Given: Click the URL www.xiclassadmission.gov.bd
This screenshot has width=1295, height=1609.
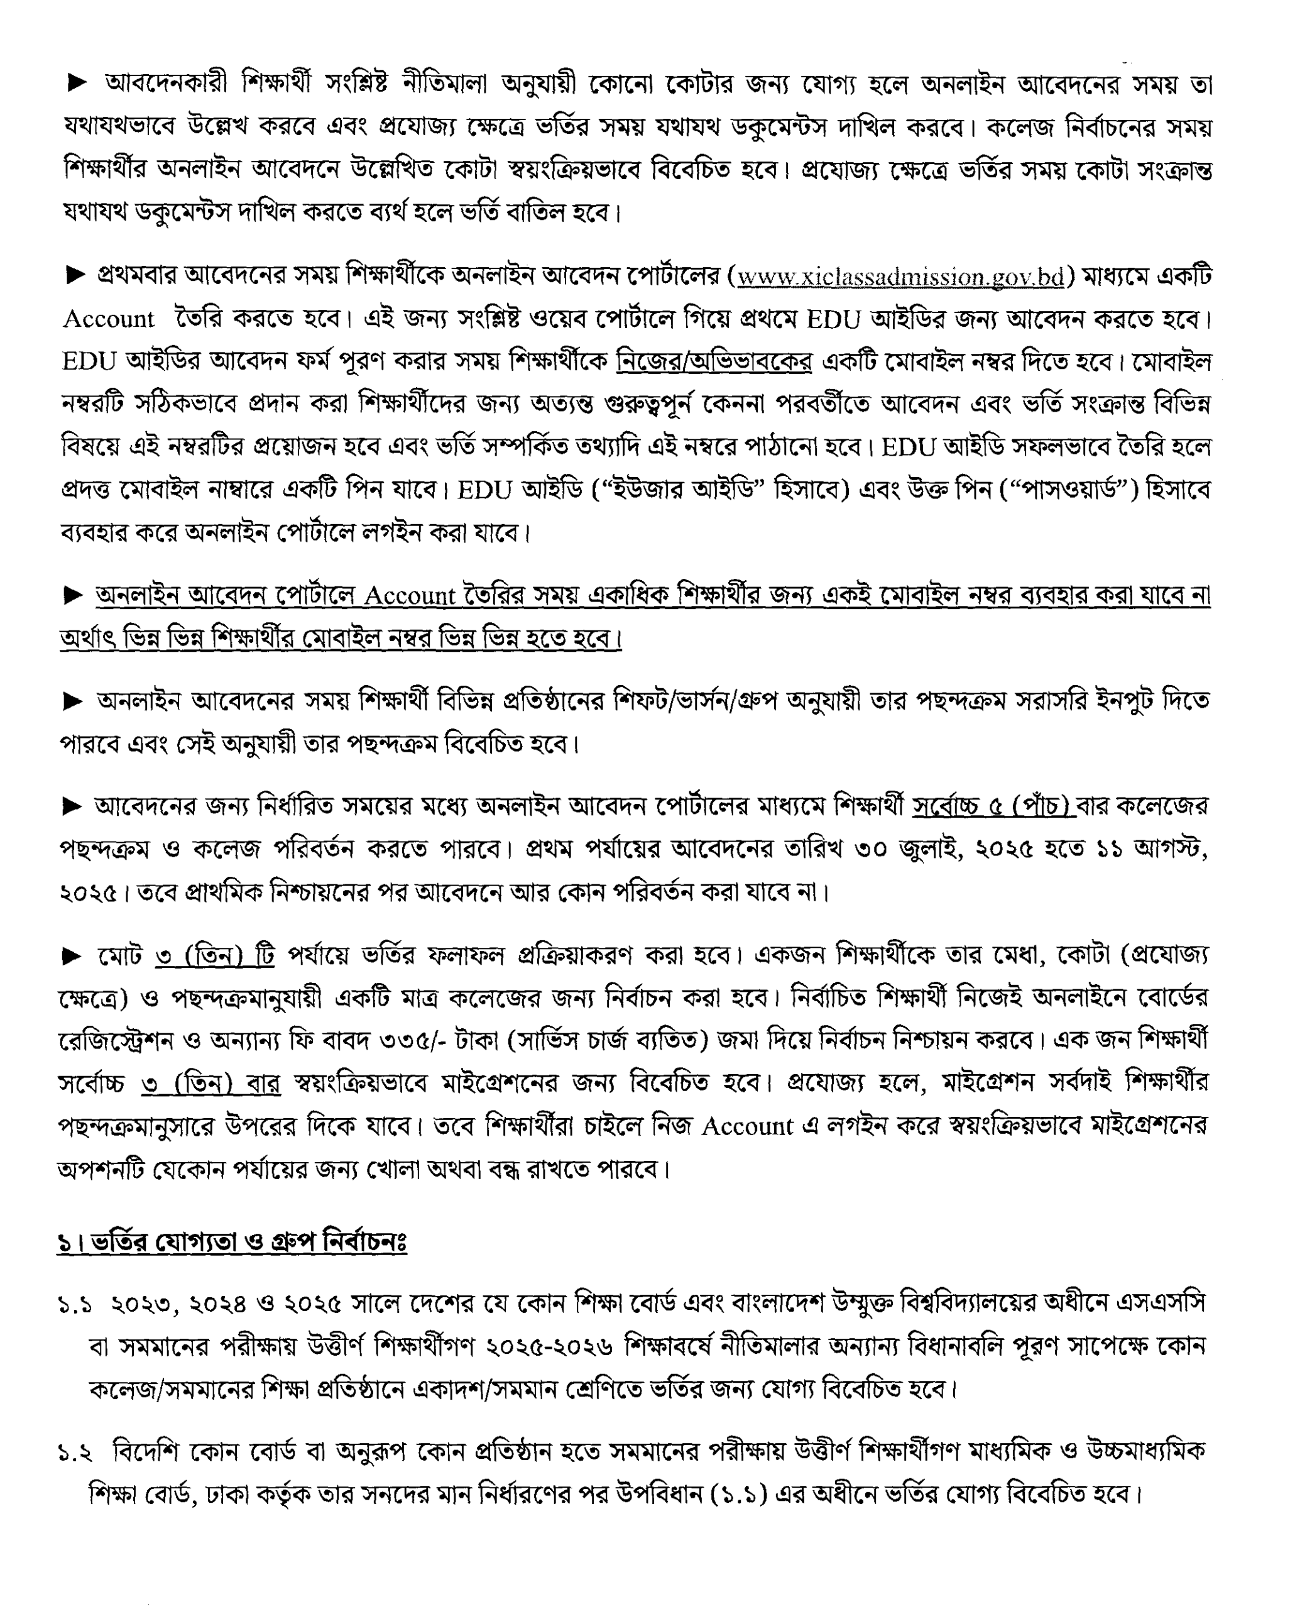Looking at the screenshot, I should tap(900, 277).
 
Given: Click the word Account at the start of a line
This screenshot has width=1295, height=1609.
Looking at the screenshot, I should tap(109, 319).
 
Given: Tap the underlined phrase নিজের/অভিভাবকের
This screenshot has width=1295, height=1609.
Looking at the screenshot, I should tap(714, 361).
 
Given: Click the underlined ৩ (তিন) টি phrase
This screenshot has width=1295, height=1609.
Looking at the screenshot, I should tap(215, 956).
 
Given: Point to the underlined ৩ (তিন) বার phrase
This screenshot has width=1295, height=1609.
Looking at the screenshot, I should tap(211, 1083).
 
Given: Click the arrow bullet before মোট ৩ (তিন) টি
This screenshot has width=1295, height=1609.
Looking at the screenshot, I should tap(72, 957).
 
